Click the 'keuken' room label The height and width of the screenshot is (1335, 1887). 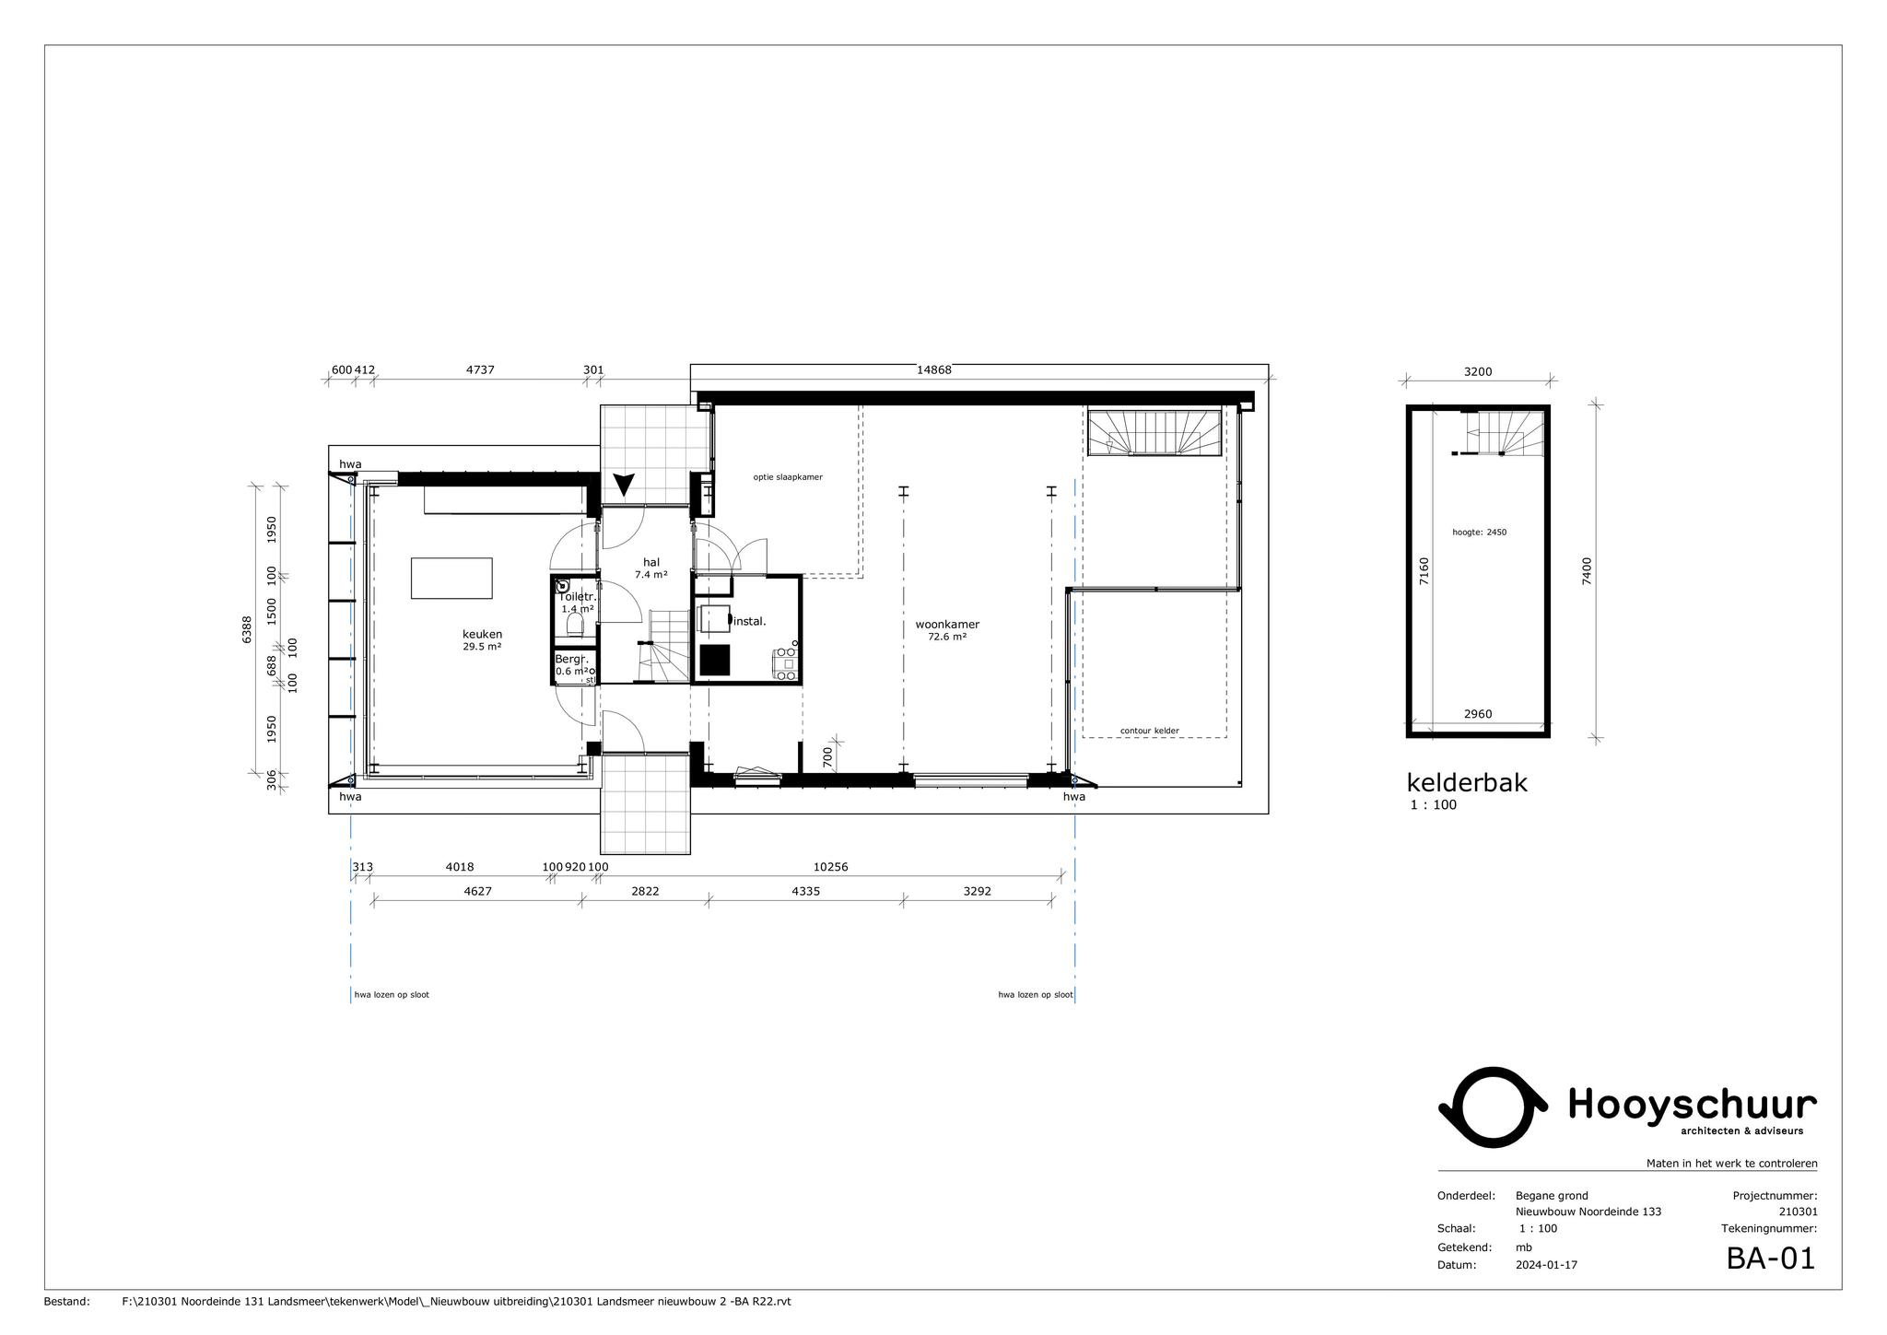click(482, 634)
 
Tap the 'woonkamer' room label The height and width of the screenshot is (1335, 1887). click(947, 625)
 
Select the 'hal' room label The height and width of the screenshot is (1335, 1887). click(651, 562)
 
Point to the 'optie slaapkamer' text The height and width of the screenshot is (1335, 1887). click(788, 477)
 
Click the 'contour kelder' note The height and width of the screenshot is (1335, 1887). click(1149, 731)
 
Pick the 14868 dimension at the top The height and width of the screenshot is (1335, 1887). click(933, 370)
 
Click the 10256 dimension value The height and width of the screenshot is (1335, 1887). click(830, 867)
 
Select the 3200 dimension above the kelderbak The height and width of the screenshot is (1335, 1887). click(1477, 372)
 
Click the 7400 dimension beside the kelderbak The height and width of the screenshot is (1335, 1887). click(1586, 571)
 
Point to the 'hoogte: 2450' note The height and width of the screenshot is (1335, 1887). click(1479, 532)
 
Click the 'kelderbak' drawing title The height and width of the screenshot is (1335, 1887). click(1467, 782)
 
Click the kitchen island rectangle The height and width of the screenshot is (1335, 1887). click(451, 578)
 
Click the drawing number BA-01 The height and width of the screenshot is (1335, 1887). click(1770, 1259)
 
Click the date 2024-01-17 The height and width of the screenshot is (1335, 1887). click(1546, 1265)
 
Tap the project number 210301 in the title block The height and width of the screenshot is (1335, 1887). click(1798, 1212)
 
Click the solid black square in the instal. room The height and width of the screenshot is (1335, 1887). click(715, 660)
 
